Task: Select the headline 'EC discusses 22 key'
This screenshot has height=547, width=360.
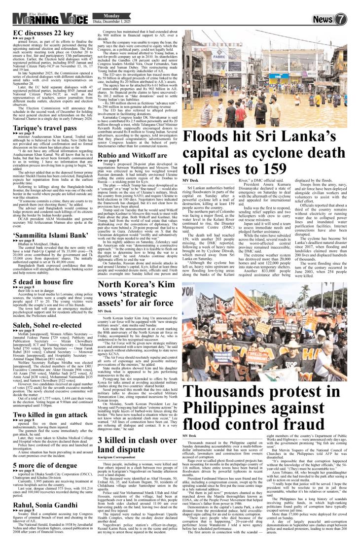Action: click(x=43, y=34)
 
